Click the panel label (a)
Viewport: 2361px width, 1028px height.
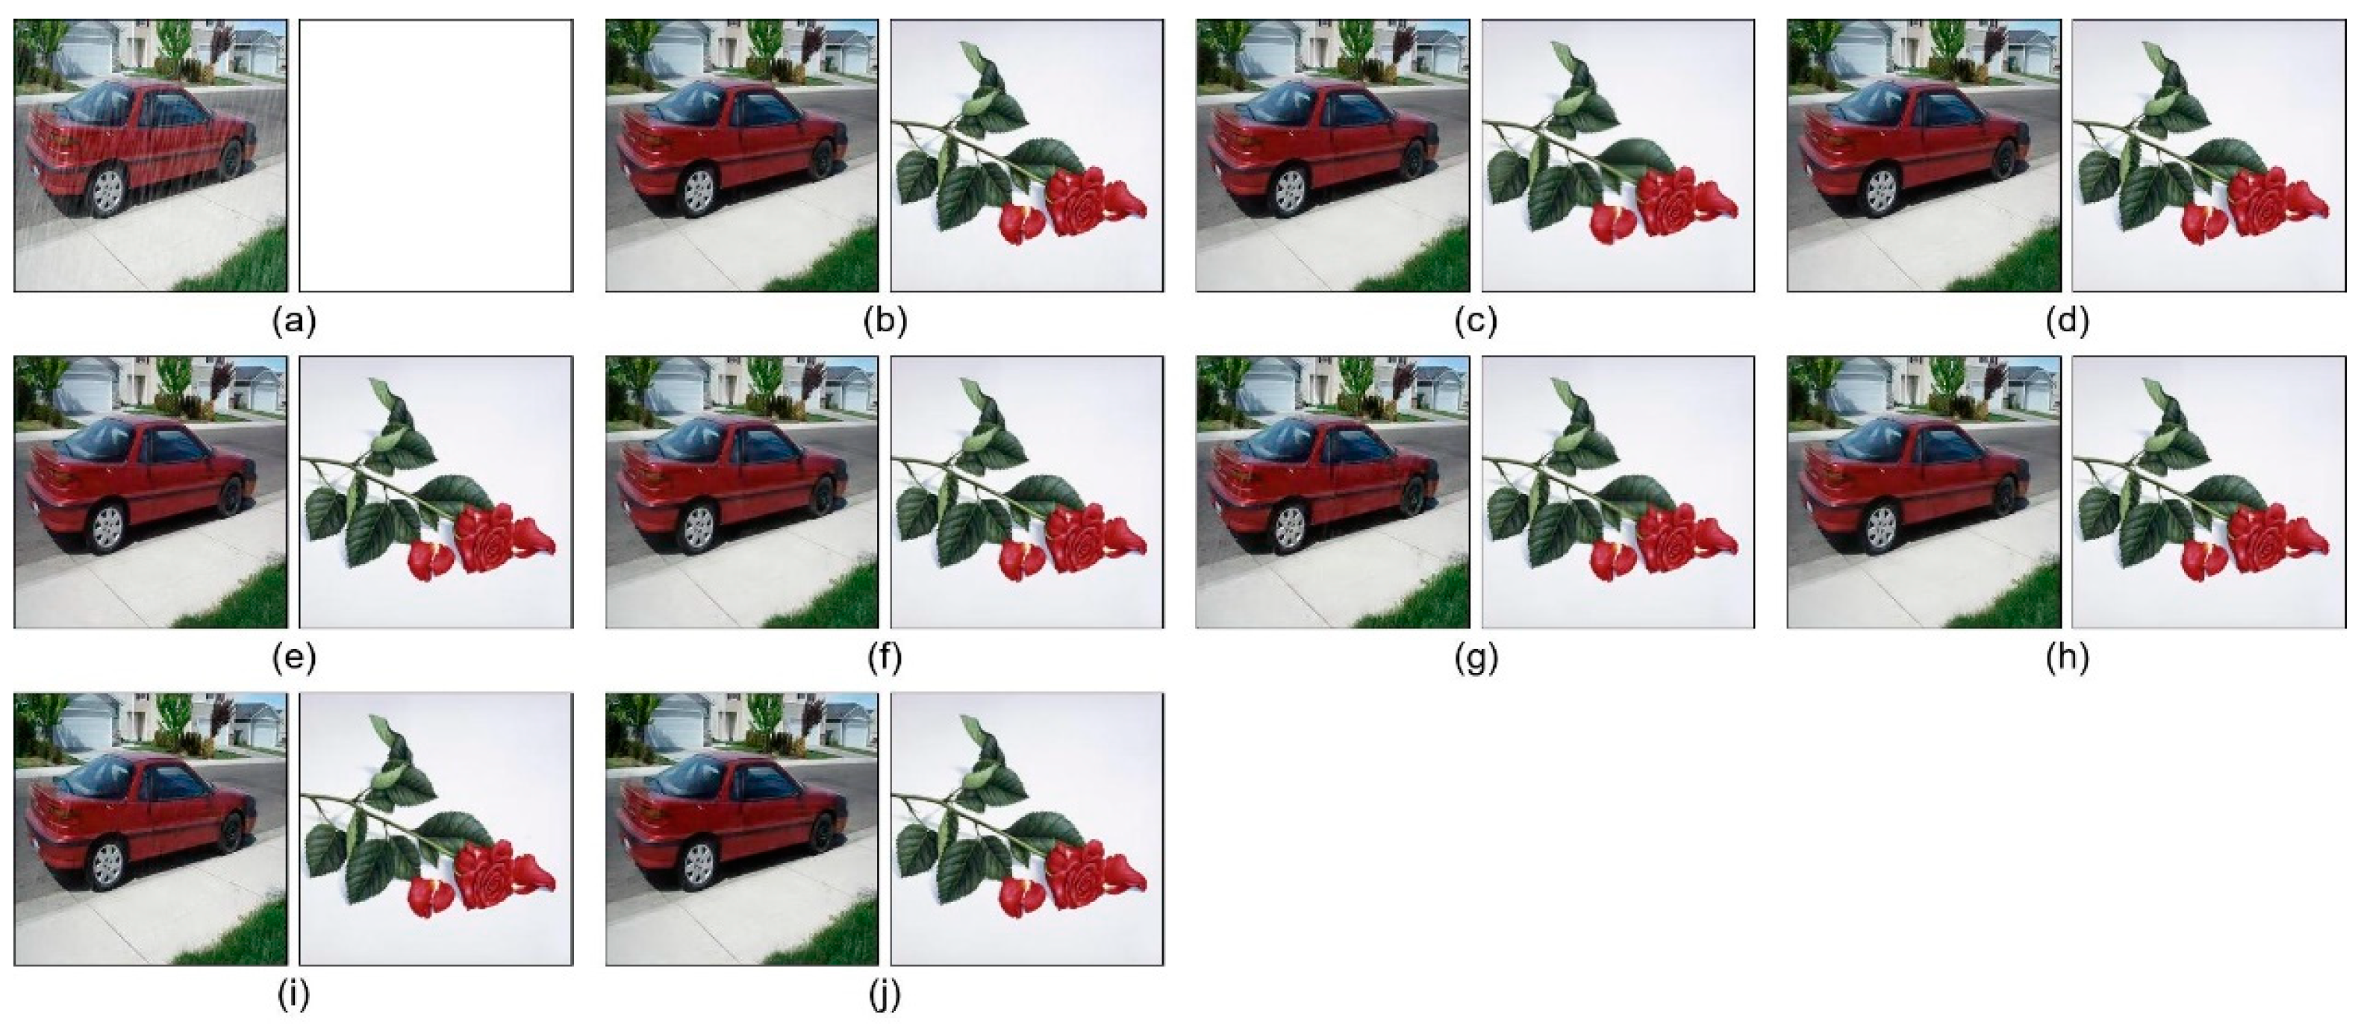(294, 322)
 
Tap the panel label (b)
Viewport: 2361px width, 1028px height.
(885, 322)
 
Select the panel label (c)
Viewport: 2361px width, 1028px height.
(1476, 322)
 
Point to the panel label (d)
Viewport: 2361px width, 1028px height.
(2067, 322)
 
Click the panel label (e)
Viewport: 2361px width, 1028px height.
(294, 658)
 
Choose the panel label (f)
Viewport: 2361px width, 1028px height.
(885, 658)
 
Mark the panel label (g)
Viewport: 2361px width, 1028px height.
(1476, 658)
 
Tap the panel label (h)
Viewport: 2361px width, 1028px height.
(2067, 658)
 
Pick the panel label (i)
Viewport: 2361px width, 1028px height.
(293, 995)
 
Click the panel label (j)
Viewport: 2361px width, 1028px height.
(885, 995)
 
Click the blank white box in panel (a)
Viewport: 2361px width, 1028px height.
(436, 156)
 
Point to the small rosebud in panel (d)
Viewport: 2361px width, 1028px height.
(2204, 225)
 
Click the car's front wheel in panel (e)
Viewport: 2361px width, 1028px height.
(231, 495)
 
